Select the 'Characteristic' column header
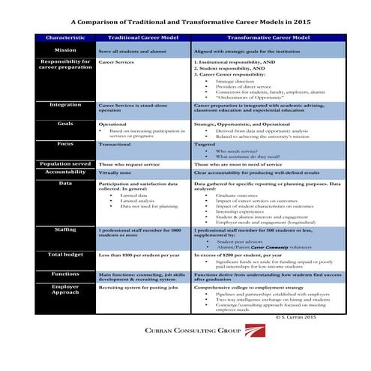tap(65, 37)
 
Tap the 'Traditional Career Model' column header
tap(142, 37)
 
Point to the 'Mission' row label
tap(65, 49)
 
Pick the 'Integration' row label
tap(65, 105)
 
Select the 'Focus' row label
tap(65, 143)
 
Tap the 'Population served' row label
tap(65, 163)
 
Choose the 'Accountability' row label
tap(65, 172)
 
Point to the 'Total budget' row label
tap(65, 255)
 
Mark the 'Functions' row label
tap(65, 274)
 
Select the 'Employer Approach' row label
tap(65, 290)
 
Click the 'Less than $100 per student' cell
tap(142, 256)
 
